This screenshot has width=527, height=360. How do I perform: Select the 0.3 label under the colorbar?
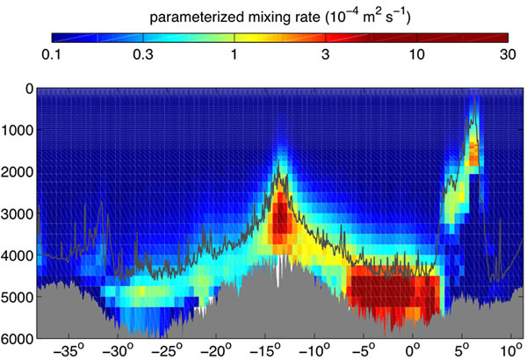143,54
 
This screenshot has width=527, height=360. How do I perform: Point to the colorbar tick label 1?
235,54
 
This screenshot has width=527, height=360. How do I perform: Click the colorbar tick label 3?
326,54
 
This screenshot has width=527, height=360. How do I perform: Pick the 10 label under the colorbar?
416,54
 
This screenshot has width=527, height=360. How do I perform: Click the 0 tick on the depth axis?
28,89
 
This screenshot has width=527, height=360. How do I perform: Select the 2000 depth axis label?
18,172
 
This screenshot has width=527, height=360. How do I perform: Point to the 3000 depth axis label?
18,213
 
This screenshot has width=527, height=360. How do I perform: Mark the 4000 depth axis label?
18,256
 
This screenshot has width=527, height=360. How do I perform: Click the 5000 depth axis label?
18,297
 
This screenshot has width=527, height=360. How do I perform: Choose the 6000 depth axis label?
18,338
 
